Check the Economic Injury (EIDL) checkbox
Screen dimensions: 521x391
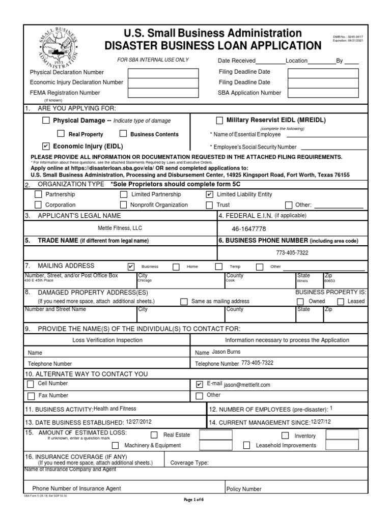(x=46, y=146)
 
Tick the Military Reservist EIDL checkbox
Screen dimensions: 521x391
(x=219, y=121)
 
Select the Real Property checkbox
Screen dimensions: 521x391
(x=61, y=134)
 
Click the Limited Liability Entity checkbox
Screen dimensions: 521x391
(x=209, y=194)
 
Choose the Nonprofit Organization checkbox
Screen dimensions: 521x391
(x=123, y=205)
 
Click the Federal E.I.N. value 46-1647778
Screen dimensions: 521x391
(x=249, y=229)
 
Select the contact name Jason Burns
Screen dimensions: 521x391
(x=227, y=352)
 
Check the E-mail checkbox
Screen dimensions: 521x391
(x=200, y=384)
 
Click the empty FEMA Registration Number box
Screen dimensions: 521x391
(x=163, y=93)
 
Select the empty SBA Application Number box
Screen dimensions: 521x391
(x=323, y=93)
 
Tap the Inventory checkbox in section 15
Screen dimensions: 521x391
(x=286, y=436)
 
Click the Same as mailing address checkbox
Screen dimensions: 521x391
(x=184, y=301)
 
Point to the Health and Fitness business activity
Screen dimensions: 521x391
(x=115, y=409)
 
